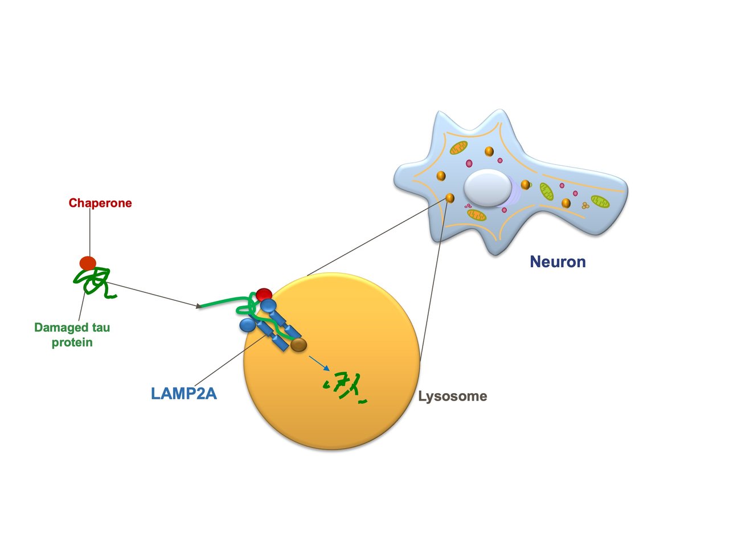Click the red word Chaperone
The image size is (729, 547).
pyautogui.click(x=100, y=203)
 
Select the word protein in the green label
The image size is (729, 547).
pyautogui.click(x=72, y=342)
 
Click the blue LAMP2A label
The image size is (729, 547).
pyautogui.click(x=183, y=394)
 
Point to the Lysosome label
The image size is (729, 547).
pyautogui.click(x=452, y=396)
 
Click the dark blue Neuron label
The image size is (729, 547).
pyautogui.click(x=558, y=262)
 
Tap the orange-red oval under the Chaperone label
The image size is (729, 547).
pyautogui.click(x=88, y=263)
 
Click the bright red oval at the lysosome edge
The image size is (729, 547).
pyautogui.click(x=264, y=295)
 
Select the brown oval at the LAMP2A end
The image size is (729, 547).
pyautogui.click(x=298, y=345)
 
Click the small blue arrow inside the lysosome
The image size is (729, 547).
pyautogui.click(x=319, y=364)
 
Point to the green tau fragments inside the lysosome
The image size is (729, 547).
pyautogui.click(x=345, y=387)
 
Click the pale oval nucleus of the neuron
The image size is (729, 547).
pyautogui.click(x=488, y=188)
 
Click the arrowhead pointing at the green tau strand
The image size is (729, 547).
pyautogui.click(x=199, y=306)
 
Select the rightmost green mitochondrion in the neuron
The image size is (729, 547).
pyautogui.click(x=600, y=201)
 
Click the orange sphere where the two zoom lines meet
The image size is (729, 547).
pyautogui.click(x=450, y=198)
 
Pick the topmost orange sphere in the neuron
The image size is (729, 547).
pyautogui.click(x=489, y=152)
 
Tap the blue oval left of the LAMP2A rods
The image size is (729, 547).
pyautogui.click(x=247, y=325)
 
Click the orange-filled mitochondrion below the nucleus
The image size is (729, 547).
pyautogui.click(x=477, y=215)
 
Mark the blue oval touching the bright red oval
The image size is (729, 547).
pyautogui.click(x=268, y=305)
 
